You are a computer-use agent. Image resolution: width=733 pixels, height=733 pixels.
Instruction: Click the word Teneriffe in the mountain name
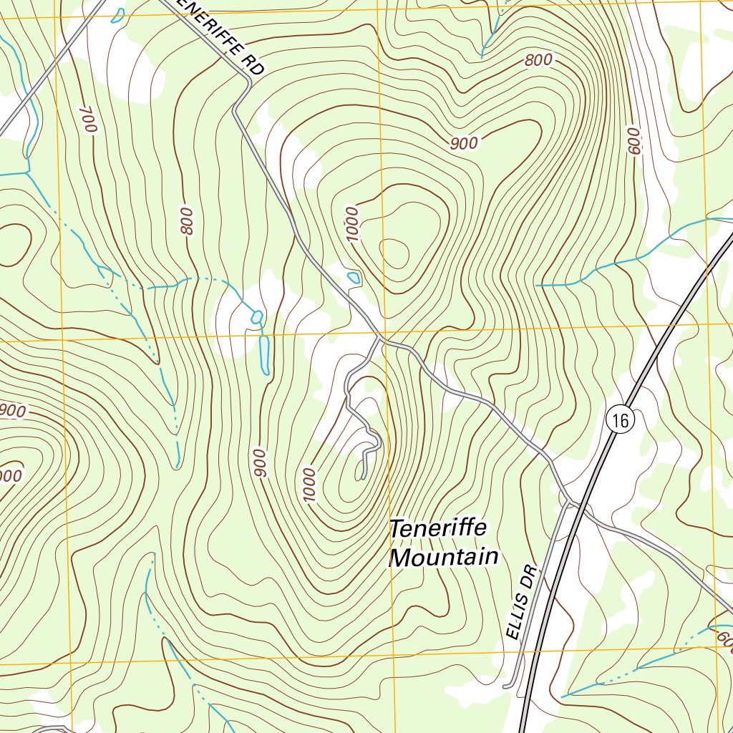tap(438, 529)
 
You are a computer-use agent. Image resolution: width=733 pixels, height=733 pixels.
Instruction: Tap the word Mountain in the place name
tap(443, 557)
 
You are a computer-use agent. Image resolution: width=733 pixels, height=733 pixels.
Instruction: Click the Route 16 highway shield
tap(620, 420)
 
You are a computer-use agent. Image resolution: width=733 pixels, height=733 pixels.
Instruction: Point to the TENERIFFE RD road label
tap(222, 36)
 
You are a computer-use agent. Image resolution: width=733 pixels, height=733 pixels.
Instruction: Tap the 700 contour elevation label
tap(88, 118)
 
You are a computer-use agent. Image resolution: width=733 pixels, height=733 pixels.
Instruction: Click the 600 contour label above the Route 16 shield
tap(632, 141)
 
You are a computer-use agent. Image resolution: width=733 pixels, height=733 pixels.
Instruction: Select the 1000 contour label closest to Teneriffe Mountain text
tap(309, 485)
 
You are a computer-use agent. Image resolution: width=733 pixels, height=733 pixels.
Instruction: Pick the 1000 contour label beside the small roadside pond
tap(351, 224)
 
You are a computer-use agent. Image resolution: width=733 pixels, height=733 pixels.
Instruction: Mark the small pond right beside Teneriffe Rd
tap(353, 277)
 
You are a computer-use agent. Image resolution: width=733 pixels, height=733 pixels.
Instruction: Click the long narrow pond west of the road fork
tap(264, 354)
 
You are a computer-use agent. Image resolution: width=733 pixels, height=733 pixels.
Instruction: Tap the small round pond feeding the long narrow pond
tap(256, 316)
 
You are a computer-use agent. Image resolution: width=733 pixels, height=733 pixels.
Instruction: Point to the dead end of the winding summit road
tap(363, 477)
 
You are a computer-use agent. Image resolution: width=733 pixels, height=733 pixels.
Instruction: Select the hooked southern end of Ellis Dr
tap(506, 686)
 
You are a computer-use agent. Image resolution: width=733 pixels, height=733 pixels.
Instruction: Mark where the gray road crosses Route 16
tap(585, 512)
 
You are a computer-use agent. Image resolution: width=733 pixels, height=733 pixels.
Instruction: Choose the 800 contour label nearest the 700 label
tap(187, 221)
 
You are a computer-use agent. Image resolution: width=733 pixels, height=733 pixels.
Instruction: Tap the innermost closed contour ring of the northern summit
tap(394, 253)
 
